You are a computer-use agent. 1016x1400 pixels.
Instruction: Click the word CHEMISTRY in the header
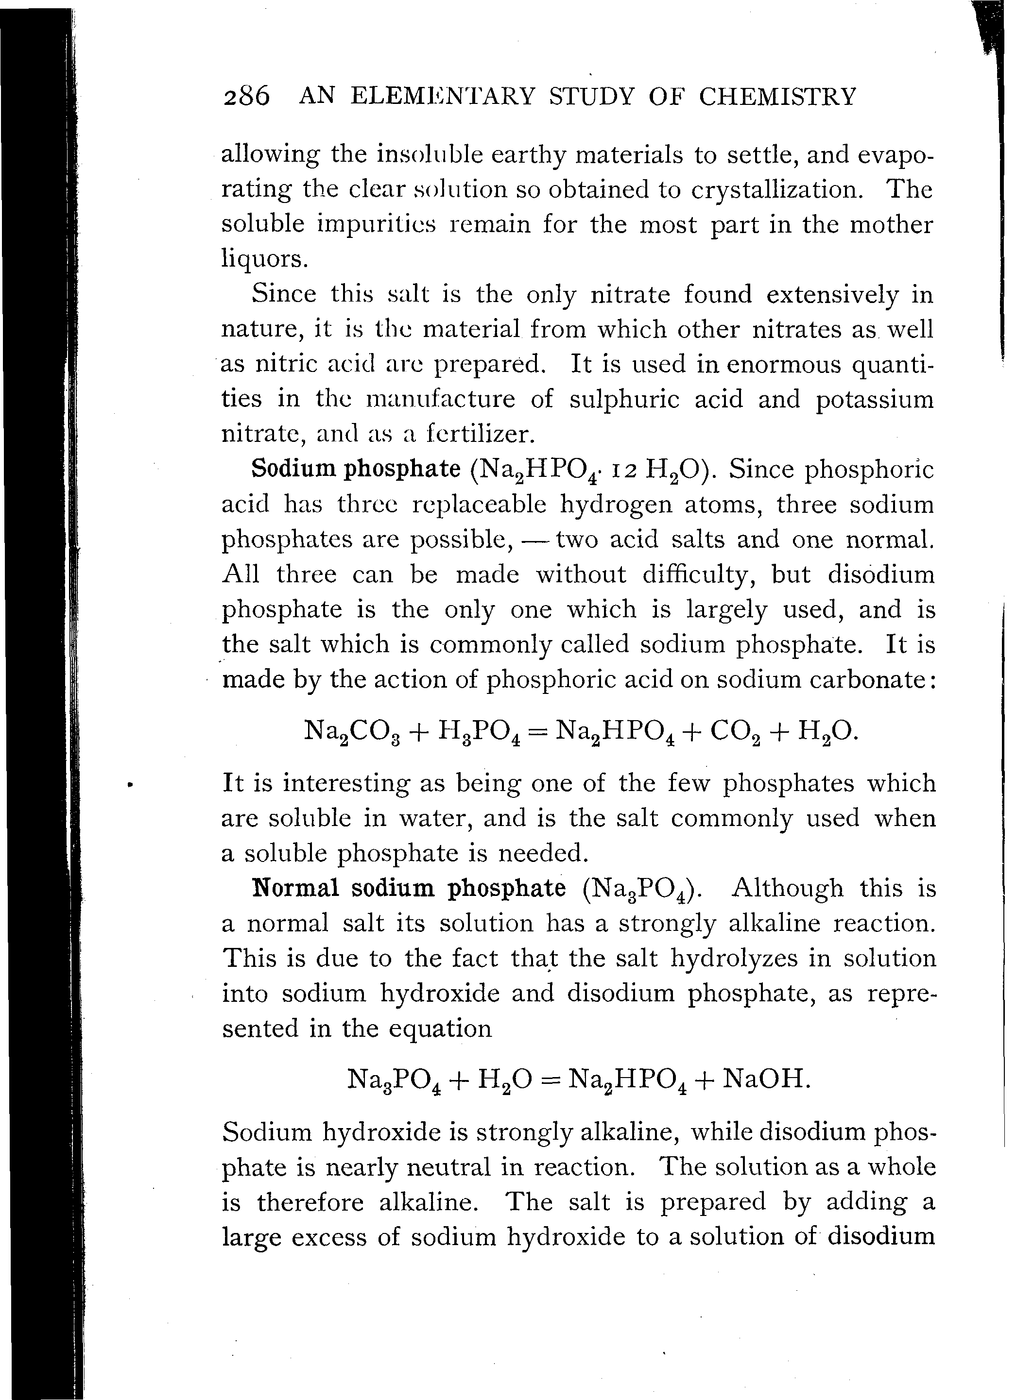point(777,97)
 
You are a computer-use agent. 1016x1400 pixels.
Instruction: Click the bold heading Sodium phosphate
point(356,469)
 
